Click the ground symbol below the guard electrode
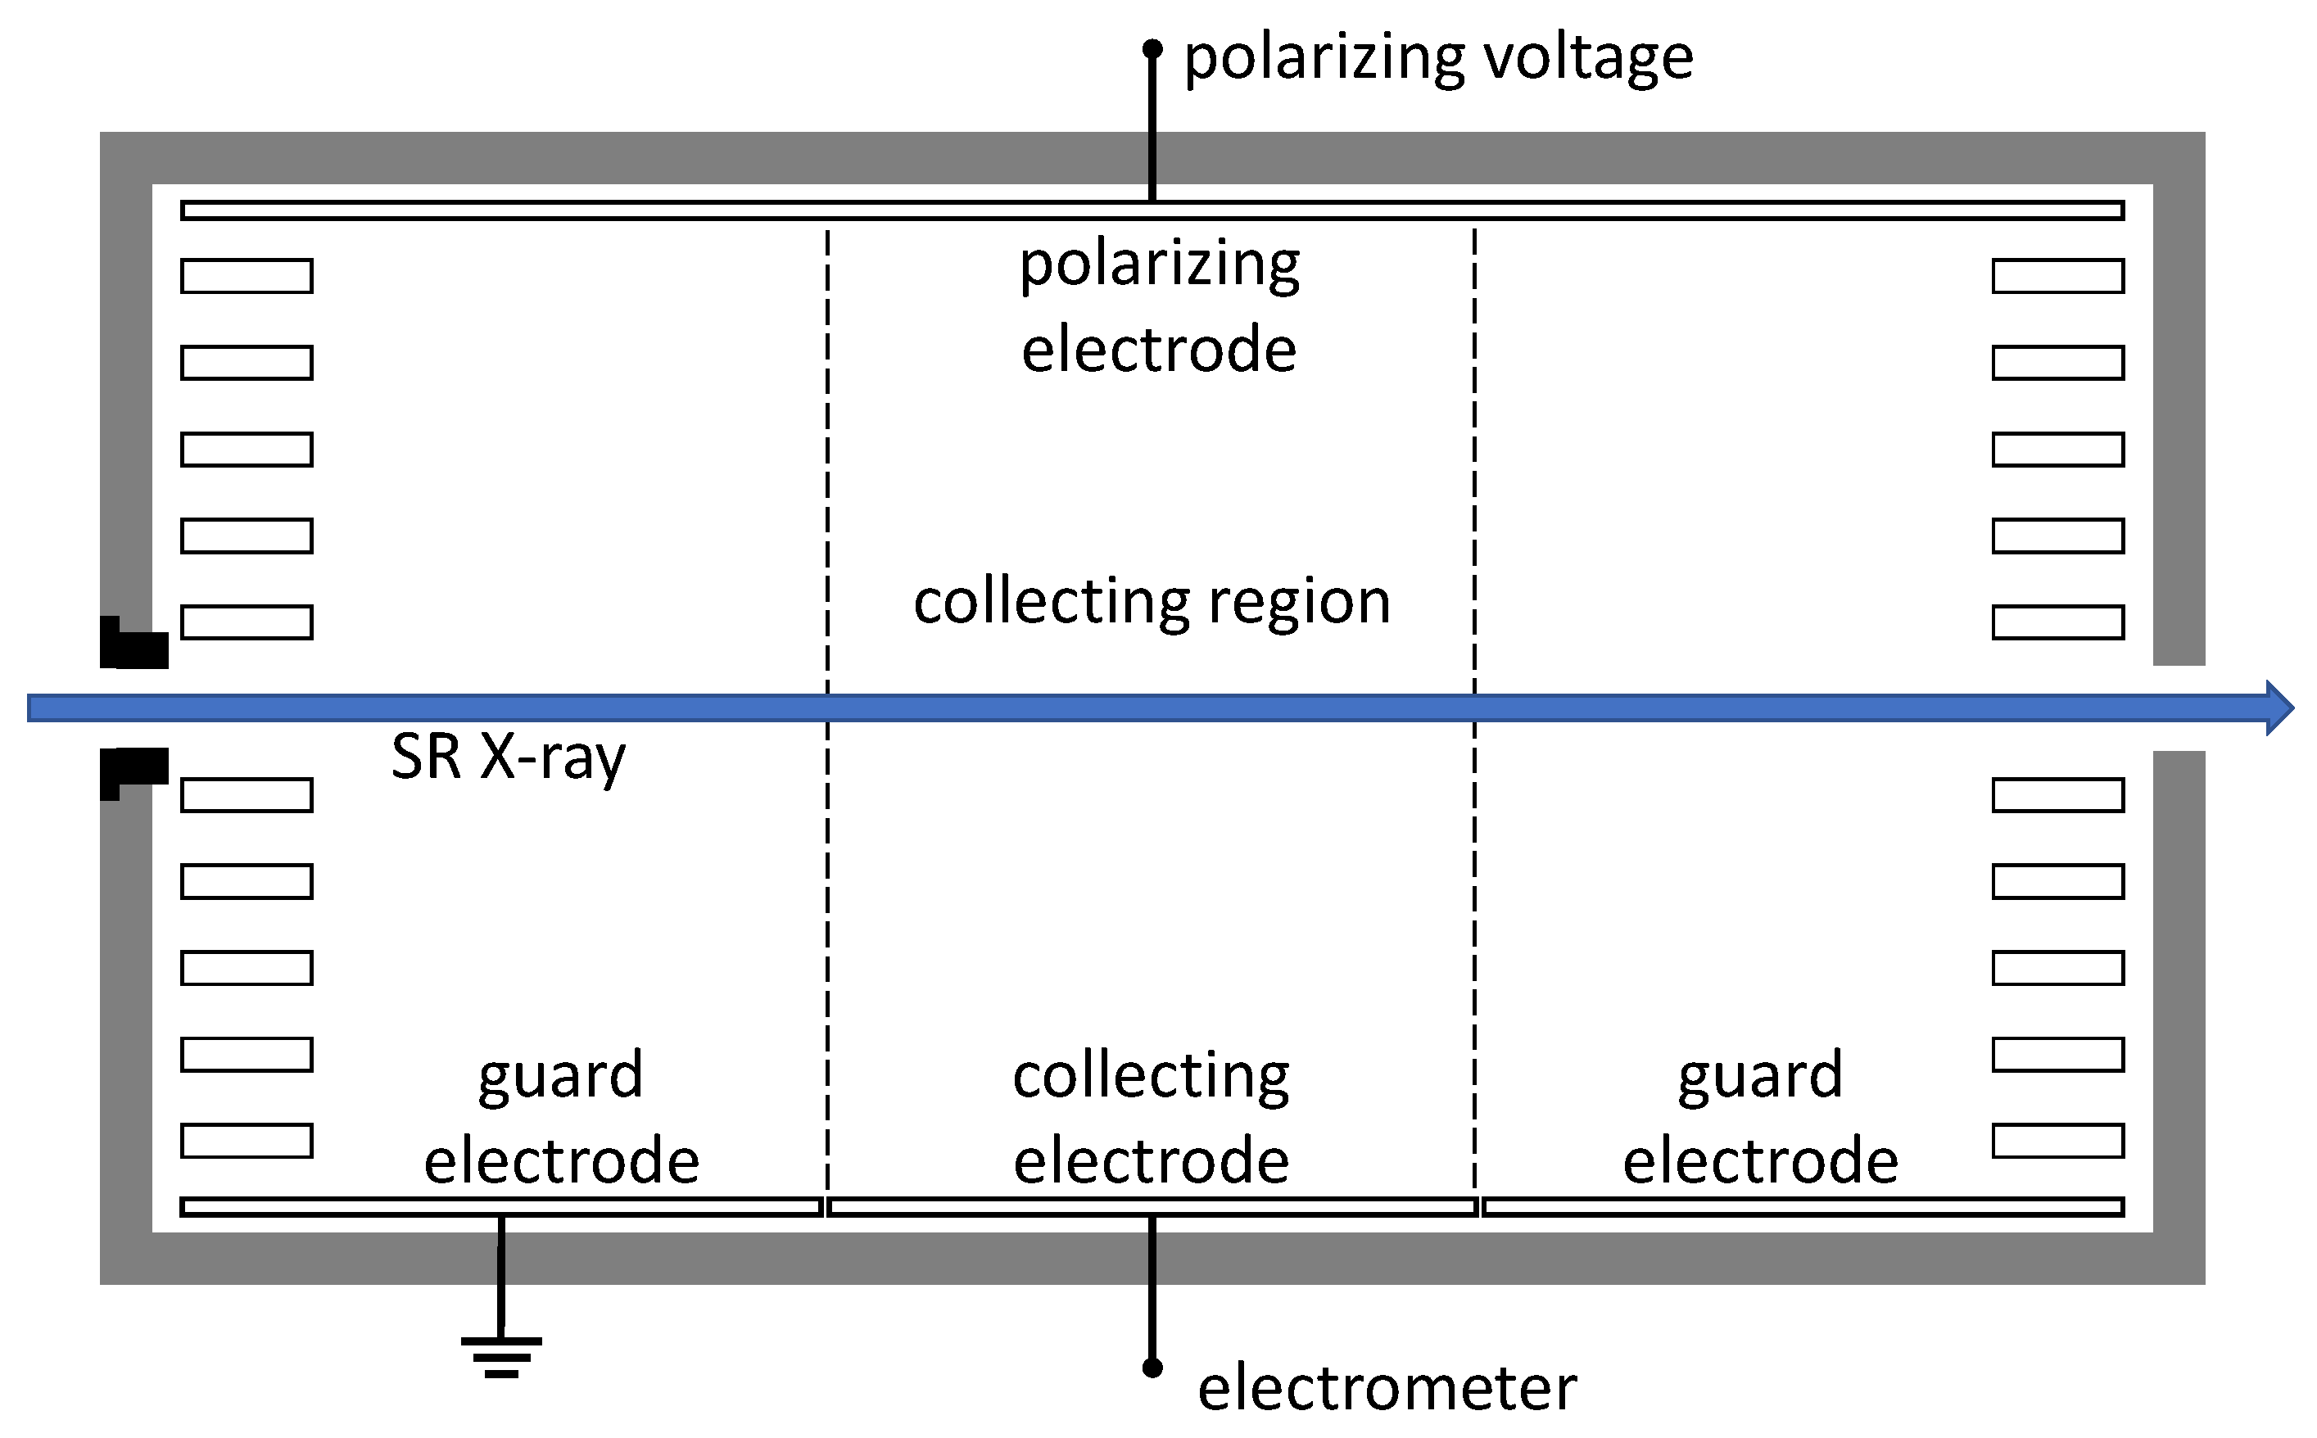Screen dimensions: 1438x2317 click(501, 1355)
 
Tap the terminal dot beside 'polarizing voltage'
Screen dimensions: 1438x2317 click(1152, 48)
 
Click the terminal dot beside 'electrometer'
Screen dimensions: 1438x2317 click(1152, 1368)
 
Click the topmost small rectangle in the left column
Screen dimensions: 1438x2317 click(247, 276)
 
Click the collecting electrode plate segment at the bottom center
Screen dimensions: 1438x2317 click(1152, 1207)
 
